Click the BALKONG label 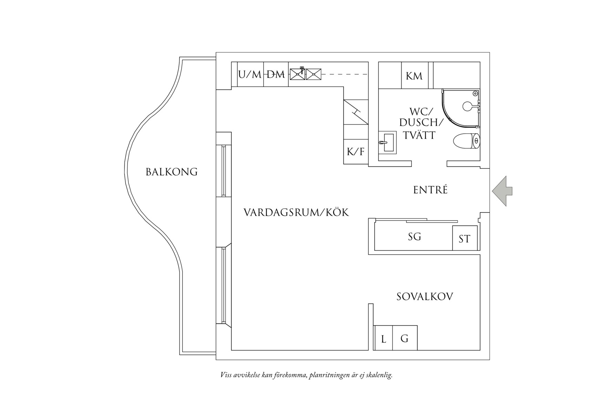[x=172, y=172]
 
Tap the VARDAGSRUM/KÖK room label [x=296, y=212]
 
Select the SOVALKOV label [x=425, y=297]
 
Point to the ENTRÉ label [x=430, y=190]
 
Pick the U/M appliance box [x=250, y=74]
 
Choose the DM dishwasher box [x=276, y=74]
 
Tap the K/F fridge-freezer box [x=356, y=152]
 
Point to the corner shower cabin [x=461, y=108]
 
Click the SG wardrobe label [x=415, y=236]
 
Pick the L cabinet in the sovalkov [x=383, y=338]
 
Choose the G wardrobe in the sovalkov [x=405, y=338]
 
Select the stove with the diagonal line [x=356, y=112]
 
